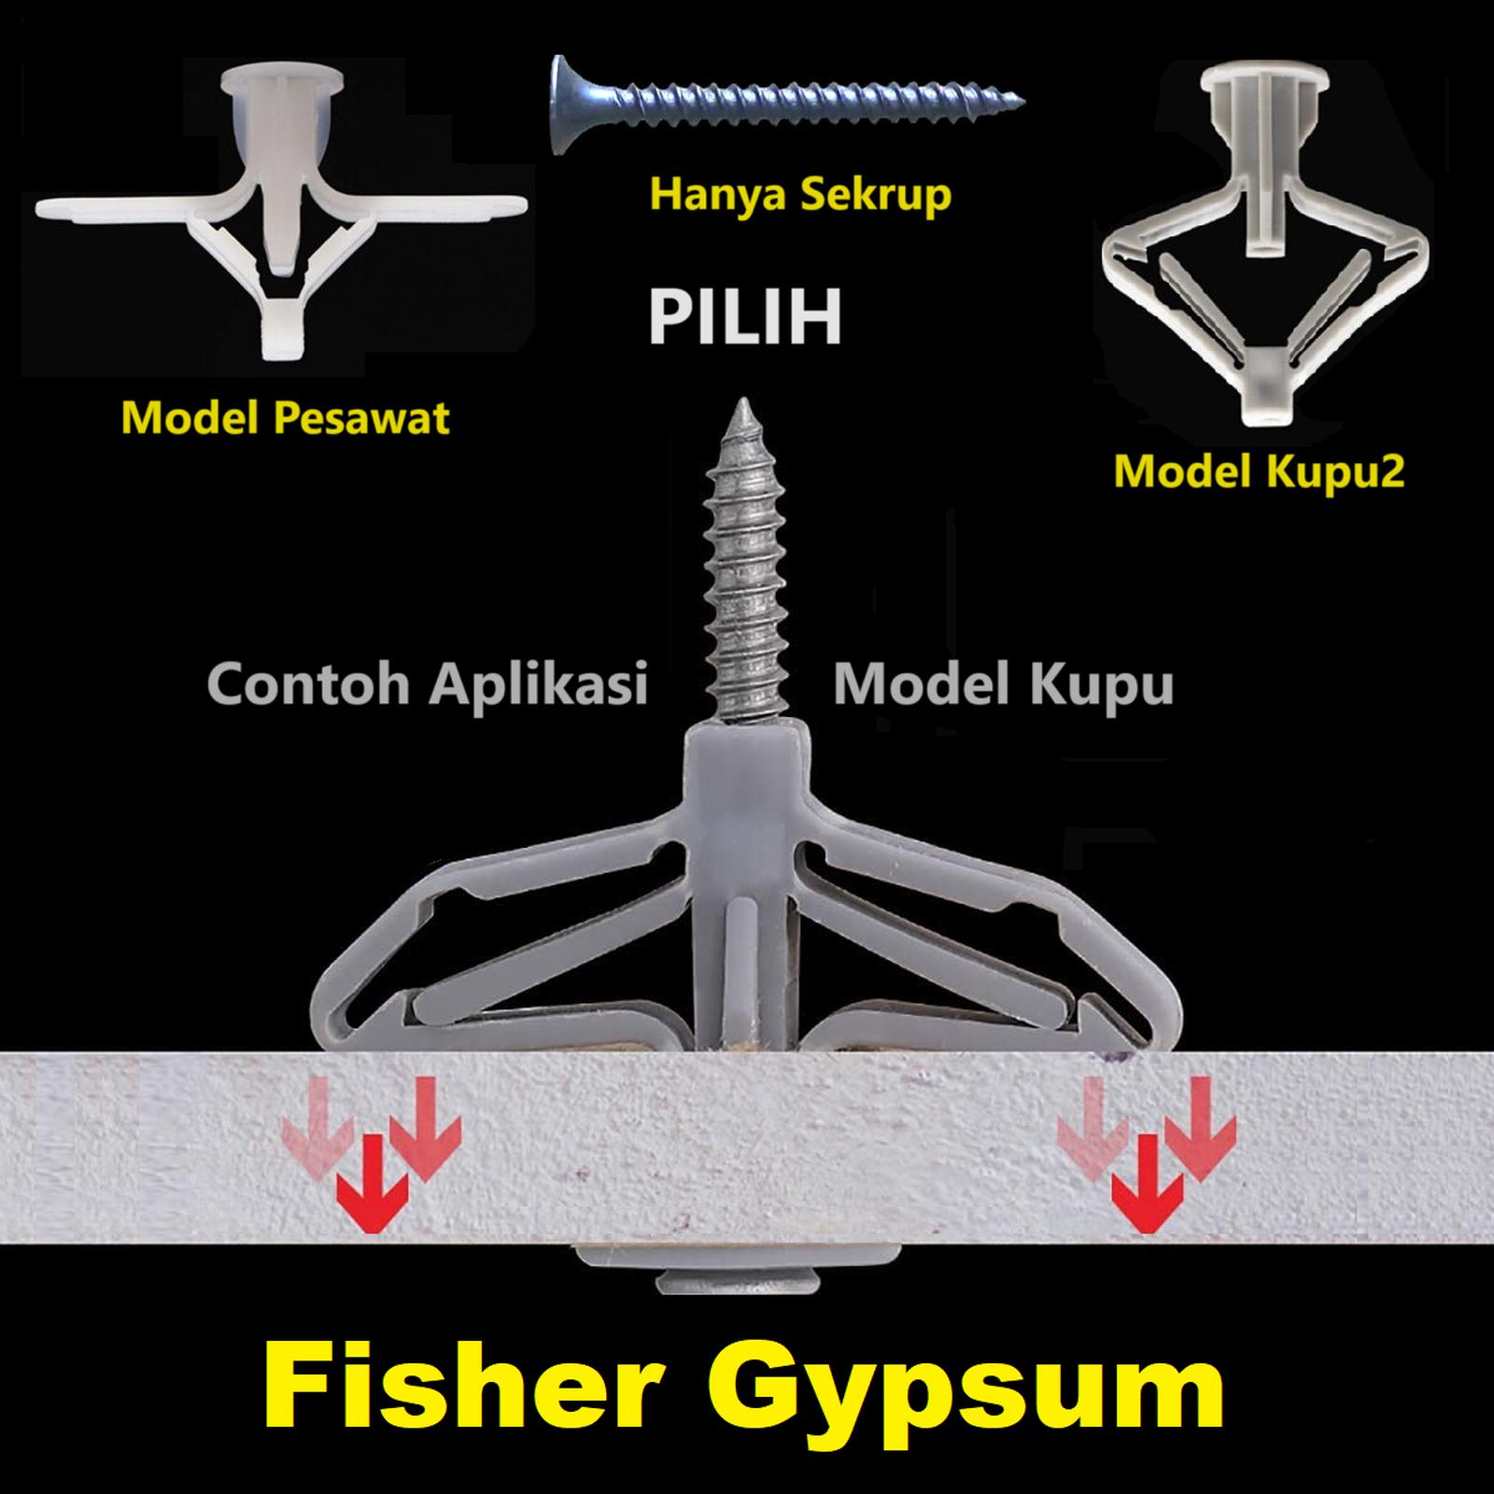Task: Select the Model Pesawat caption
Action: tap(285, 417)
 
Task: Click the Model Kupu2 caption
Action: tap(1259, 472)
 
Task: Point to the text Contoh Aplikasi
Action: tap(428, 684)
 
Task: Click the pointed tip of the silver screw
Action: tap(745, 408)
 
